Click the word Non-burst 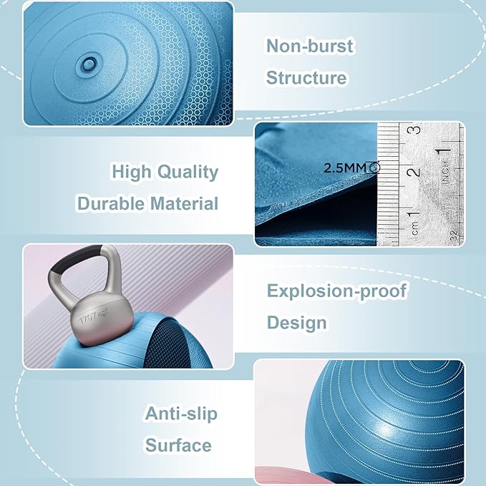[310, 47]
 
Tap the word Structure [306, 77]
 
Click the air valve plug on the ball [89, 64]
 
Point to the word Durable [111, 203]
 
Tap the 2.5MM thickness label [345, 168]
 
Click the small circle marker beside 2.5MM [375, 167]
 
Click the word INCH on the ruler [445, 172]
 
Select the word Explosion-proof [336, 291]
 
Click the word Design [296, 322]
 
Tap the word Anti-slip [181, 414]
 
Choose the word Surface [178, 445]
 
